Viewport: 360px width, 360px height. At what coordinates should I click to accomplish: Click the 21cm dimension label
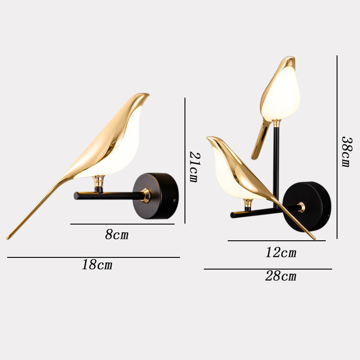click(193, 166)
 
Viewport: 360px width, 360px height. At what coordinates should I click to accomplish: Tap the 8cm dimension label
click(117, 234)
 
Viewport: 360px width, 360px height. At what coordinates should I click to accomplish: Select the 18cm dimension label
click(97, 265)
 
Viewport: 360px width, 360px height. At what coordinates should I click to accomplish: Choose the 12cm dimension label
click(280, 252)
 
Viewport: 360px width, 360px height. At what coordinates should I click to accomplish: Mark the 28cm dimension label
click(280, 276)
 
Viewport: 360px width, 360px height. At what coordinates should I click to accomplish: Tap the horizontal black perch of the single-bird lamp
click(108, 196)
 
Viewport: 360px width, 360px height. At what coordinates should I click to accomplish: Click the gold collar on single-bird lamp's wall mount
click(145, 195)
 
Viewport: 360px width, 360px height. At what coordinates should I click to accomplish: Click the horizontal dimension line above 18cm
click(93, 257)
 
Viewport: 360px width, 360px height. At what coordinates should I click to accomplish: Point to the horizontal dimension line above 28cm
click(268, 269)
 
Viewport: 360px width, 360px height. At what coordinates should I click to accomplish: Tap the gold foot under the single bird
click(99, 182)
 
